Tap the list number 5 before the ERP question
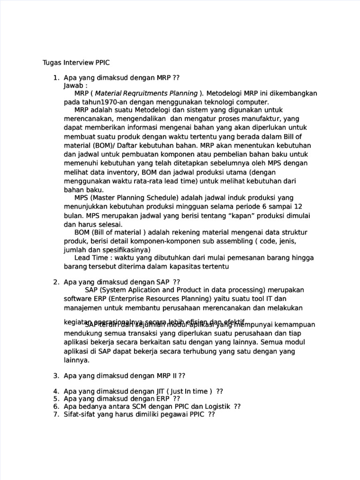[55, 399]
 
